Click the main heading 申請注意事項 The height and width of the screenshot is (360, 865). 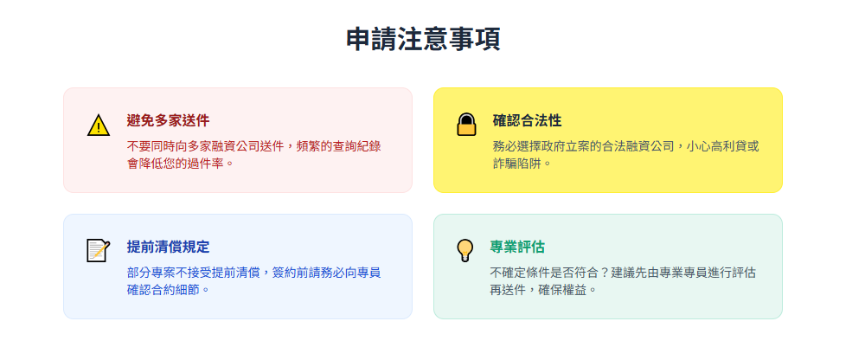coord(423,40)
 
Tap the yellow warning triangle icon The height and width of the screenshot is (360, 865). coord(99,125)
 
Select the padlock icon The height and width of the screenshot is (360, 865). coord(466,125)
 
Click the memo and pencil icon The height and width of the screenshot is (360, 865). coord(99,251)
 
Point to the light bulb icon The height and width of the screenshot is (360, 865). coord(465,251)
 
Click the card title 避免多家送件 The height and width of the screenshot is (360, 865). coord(169,120)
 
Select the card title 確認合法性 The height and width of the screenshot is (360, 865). coord(527,120)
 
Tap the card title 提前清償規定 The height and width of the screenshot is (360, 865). coord(169,247)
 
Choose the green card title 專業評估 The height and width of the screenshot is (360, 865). coord(517,247)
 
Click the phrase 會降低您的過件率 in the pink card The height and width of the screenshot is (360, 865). coord(176,164)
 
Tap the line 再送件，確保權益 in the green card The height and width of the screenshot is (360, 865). coord(538,289)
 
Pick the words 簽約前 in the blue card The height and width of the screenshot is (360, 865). coord(291,273)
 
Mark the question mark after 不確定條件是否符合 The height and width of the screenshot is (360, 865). coord(605,273)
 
